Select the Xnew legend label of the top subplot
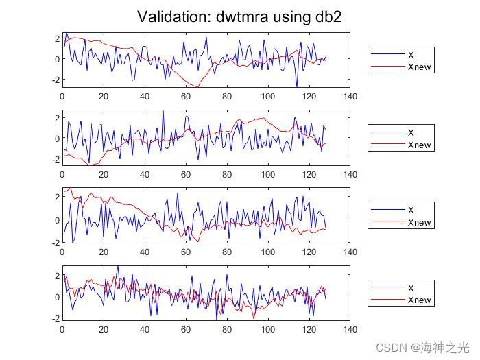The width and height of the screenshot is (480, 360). tap(419, 67)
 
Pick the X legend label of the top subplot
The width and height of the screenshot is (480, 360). tap(411, 55)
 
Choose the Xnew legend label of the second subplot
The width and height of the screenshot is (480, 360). tap(419, 145)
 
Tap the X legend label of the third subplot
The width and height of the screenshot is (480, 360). tap(411, 211)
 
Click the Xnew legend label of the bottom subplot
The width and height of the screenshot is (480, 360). tap(419, 300)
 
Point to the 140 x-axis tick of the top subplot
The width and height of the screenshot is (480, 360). tap(350, 97)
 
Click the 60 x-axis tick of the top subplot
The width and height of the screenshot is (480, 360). tap(185, 97)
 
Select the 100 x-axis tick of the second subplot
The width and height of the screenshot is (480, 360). tap(267, 175)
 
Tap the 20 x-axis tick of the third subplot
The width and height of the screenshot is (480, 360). tap(103, 252)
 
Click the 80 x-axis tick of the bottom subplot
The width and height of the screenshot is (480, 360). tap(226, 329)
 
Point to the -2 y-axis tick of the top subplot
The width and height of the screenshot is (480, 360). tap(56, 80)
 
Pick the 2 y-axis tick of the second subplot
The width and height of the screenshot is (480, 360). tap(58, 118)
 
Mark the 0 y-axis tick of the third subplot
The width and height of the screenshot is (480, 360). tap(58, 219)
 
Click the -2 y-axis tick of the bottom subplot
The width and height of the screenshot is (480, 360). tap(56, 318)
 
